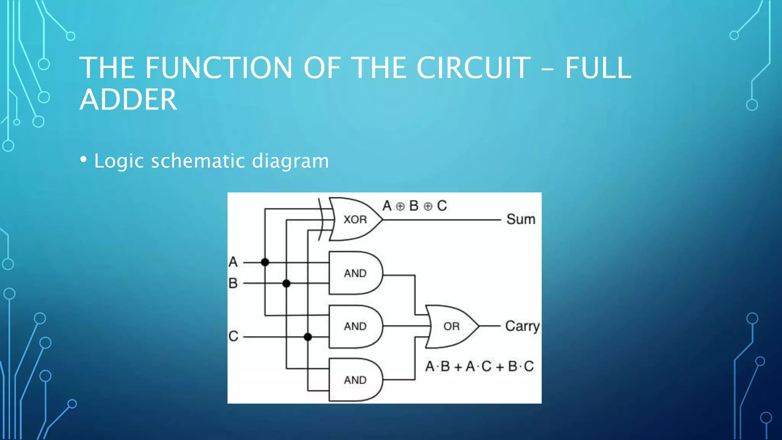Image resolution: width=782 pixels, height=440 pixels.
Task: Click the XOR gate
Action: tap(355, 219)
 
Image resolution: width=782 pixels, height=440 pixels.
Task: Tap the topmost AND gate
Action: tap(355, 273)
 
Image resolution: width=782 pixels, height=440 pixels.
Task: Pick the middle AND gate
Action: tap(355, 326)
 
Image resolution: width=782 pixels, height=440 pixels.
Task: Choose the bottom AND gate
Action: tap(355, 380)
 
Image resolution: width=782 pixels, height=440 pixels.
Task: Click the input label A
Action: tap(233, 262)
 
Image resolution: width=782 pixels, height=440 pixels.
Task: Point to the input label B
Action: tap(233, 283)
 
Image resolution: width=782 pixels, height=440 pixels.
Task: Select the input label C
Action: tap(233, 336)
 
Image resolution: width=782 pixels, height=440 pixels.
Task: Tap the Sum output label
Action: tap(521, 220)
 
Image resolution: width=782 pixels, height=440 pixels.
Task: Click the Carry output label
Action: tap(522, 327)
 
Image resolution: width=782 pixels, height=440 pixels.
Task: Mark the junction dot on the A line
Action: tap(265, 262)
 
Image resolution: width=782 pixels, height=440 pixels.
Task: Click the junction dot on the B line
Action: tap(286, 283)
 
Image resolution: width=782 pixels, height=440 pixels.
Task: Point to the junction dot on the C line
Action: tap(308, 337)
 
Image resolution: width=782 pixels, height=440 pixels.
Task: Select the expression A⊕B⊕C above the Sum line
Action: tap(415, 206)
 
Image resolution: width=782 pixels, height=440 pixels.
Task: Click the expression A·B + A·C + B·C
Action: tap(479, 367)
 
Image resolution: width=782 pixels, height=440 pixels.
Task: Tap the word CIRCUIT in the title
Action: tap(473, 68)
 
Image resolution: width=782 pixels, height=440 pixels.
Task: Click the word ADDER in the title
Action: tap(128, 100)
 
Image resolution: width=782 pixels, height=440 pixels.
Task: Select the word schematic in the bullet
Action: tap(198, 161)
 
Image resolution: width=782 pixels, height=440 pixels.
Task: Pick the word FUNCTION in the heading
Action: tap(218, 68)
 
